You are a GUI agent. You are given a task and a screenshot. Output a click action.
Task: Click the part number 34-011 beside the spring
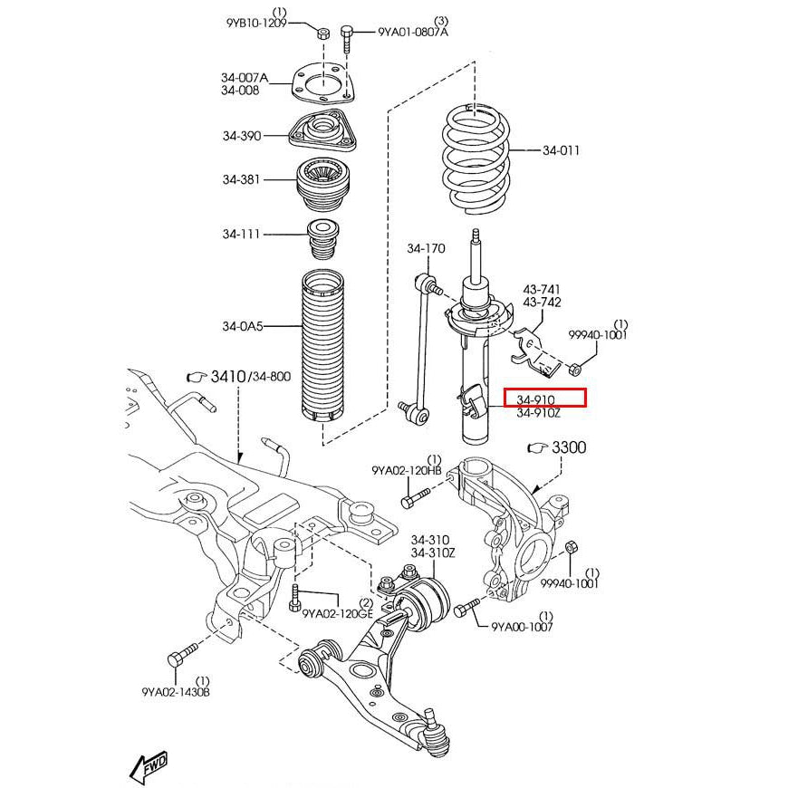tap(561, 150)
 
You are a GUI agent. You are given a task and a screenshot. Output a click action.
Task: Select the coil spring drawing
tap(475, 159)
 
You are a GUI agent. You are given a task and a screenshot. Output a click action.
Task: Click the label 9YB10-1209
tap(256, 24)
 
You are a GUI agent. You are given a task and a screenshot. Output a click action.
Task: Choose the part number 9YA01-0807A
tap(413, 33)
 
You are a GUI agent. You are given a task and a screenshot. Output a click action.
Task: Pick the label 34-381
tap(241, 179)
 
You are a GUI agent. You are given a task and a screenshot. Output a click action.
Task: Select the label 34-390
tap(241, 136)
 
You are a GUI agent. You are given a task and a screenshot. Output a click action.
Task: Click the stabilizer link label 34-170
tap(426, 248)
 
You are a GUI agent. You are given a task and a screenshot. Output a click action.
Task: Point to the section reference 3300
tap(568, 447)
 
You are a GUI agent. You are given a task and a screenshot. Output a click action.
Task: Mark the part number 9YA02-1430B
tap(176, 692)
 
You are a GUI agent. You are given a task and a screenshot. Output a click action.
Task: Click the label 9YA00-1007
tap(522, 627)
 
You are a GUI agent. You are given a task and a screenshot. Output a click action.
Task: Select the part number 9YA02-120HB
tap(407, 471)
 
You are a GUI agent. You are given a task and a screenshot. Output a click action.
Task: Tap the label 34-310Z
tap(433, 553)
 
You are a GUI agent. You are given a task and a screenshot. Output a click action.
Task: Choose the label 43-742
tap(541, 303)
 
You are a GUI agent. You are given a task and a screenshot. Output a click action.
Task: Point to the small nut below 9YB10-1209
tap(323, 34)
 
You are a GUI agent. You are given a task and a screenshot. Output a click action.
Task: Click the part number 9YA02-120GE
tap(337, 613)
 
